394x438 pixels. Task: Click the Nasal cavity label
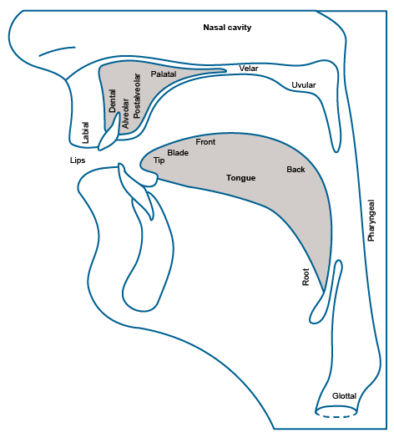(x=227, y=28)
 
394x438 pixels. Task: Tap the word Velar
(x=249, y=69)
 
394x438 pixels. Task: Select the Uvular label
(x=304, y=85)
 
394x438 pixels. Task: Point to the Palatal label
(x=164, y=74)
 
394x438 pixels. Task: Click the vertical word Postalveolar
(x=137, y=96)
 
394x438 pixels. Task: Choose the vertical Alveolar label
(x=125, y=113)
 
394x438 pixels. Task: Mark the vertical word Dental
(x=112, y=101)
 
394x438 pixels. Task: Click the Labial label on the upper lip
(x=85, y=133)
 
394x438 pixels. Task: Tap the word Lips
(x=78, y=160)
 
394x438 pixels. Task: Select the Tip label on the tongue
(x=159, y=160)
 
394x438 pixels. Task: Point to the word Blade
(x=178, y=153)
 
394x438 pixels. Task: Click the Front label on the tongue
(x=205, y=142)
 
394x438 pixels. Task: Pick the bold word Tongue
(x=240, y=178)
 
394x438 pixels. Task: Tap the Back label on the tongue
(x=295, y=170)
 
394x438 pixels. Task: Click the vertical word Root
(x=306, y=277)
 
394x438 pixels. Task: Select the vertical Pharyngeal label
(x=371, y=221)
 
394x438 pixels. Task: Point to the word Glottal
(x=344, y=396)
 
